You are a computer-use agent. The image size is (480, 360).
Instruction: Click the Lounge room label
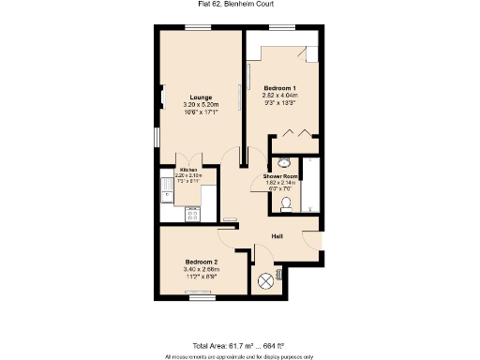(x=199, y=96)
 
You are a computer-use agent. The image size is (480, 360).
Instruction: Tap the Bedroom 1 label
(x=278, y=87)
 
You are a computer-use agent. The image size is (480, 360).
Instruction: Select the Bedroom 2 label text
(x=201, y=262)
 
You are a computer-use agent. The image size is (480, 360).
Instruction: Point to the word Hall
(x=277, y=236)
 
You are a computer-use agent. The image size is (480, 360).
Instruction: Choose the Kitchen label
(x=188, y=170)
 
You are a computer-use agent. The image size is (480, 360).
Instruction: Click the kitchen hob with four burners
(x=194, y=214)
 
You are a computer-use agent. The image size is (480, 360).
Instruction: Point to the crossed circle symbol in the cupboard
(x=265, y=279)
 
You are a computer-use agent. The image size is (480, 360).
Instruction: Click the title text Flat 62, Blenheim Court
(x=239, y=5)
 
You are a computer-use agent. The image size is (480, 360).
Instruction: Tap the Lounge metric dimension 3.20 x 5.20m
(x=199, y=104)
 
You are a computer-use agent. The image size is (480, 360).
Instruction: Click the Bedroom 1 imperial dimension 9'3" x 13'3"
(x=278, y=102)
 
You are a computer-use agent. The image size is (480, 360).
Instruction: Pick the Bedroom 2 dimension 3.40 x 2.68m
(x=201, y=270)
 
